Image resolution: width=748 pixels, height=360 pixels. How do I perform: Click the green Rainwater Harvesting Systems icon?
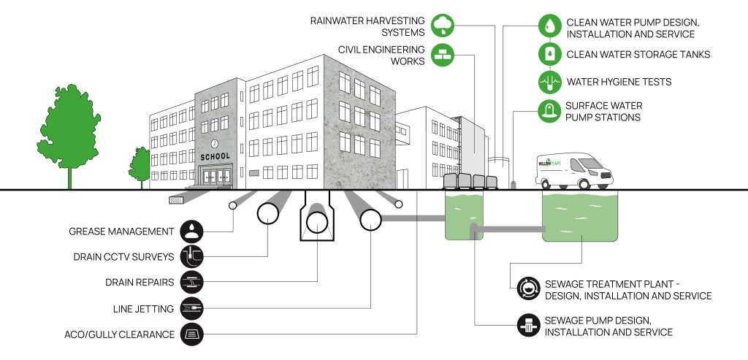pos(442,26)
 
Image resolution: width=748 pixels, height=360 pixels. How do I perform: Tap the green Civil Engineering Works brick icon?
pos(442,55)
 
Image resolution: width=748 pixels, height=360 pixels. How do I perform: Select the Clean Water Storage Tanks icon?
pos(549,54)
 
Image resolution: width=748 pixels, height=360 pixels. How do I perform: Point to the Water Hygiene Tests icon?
pos(549,82)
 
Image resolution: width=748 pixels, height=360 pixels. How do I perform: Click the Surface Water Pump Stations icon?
pos(549,111)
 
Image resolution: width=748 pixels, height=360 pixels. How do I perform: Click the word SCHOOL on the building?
pos(214,156)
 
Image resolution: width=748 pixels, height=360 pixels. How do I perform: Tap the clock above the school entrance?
pos(215,144)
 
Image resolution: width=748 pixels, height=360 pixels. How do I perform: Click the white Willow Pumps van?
pos(573,170)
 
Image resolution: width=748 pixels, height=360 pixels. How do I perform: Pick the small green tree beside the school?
pos(140,166)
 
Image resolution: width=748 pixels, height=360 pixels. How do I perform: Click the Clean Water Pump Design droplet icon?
pos(549,26)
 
